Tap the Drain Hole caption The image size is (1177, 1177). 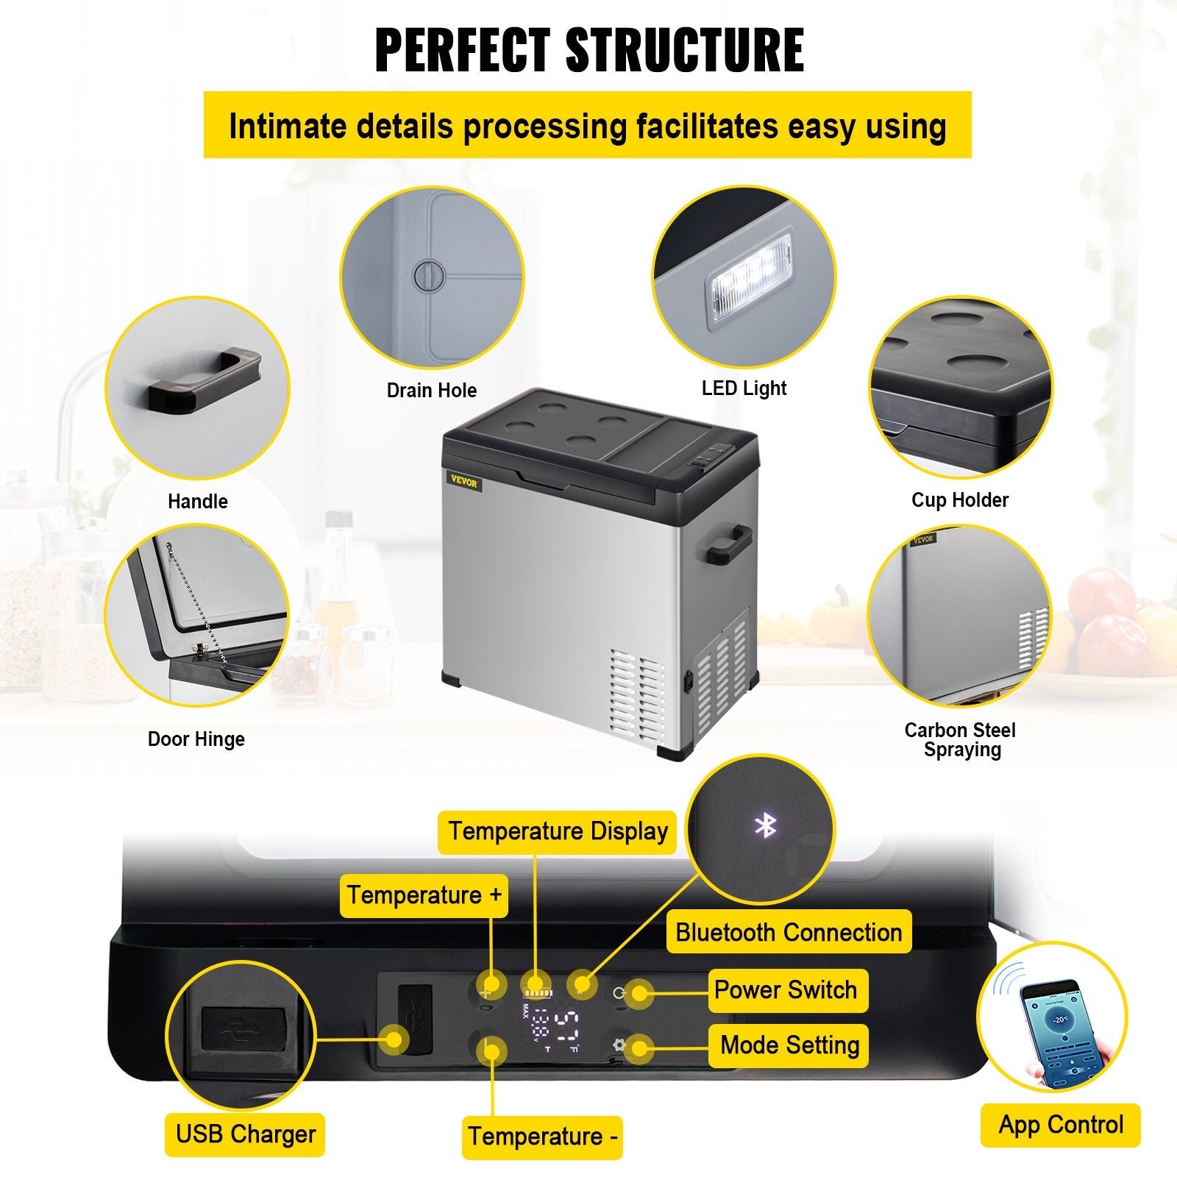432,391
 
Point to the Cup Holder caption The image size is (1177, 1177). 959,500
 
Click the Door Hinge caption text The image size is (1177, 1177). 196,739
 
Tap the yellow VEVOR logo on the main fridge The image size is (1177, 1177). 464,483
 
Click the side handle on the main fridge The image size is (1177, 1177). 725,544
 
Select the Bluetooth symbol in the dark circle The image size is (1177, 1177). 766,827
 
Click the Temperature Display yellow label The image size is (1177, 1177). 558,832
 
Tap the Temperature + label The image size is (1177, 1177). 424,895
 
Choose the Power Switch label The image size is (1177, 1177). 786,990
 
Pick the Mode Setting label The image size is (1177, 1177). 789,1045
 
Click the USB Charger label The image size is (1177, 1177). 245,1134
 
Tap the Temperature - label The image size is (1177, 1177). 542,1137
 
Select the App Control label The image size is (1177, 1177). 1060,1125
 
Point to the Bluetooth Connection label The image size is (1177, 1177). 789,933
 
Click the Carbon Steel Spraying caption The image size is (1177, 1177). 960,740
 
